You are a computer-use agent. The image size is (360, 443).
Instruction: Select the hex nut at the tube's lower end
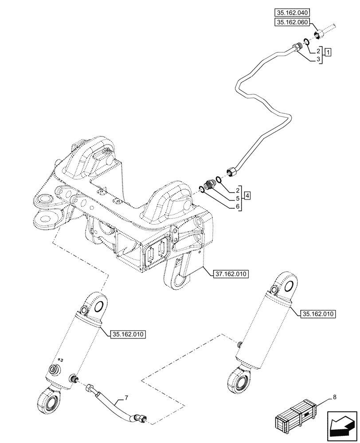click(x=231, y=171)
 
